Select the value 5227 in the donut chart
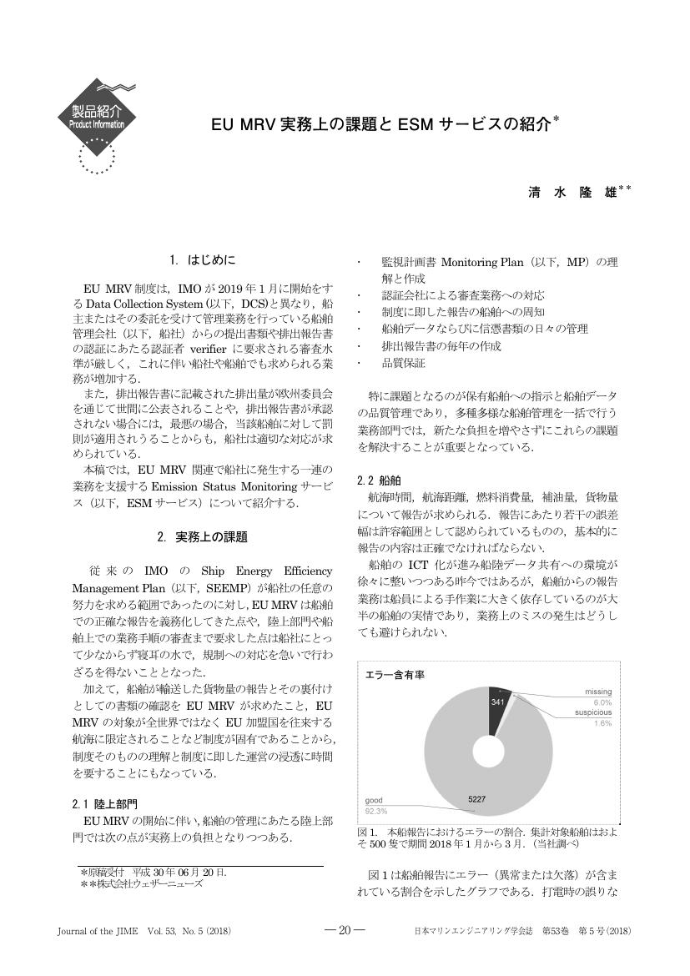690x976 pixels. pyautogui.click(x=477, y=799)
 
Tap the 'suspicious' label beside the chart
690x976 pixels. pyautogui.click(x=592, y=713)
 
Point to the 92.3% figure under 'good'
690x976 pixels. pyautogui.click(x=376, y=811)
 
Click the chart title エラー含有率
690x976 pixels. pyautogui.click(x=395, y=675)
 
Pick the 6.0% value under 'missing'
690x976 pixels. pyautogui.click(x=602, y=702)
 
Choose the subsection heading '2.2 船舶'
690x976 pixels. pyautogui.click(x=379, y=480)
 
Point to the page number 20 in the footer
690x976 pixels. pyautogui.click(x=344, y=931)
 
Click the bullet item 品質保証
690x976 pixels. pyautogui.click(x=403, y=363)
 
